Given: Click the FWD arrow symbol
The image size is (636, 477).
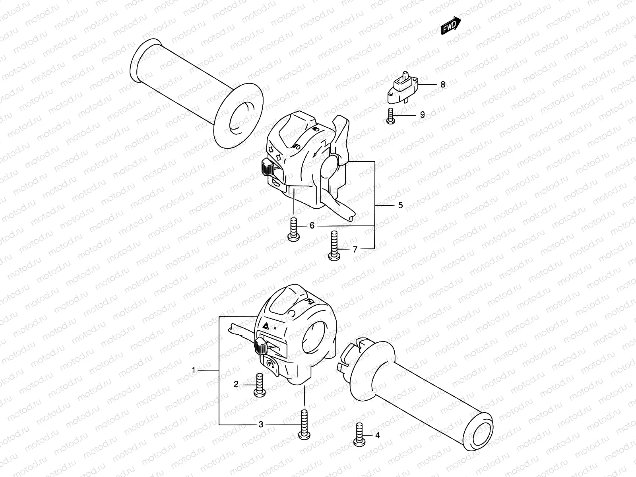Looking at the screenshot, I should click(450, 27).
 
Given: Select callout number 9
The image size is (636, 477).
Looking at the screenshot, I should click(422, 115).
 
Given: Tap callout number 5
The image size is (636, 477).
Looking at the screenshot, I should click(400, 205).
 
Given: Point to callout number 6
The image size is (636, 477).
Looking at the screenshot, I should click(312, 226).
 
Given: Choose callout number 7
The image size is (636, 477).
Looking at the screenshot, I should click(355, 249).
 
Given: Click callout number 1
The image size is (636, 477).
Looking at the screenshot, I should click(194, 370).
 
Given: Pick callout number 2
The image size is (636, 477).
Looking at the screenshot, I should click(236, 384).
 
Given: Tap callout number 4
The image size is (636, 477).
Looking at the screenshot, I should click(377, 436).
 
